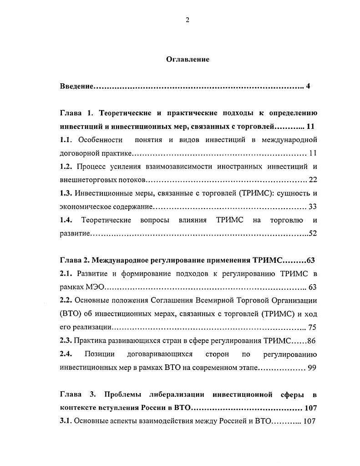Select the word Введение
point(76,86)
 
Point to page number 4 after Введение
point(308,86)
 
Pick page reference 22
point(313,179)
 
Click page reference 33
point(313,207)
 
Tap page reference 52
point(312,234)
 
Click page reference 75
point(312,328)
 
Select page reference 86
point(311,341)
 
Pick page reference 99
point(312,368)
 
